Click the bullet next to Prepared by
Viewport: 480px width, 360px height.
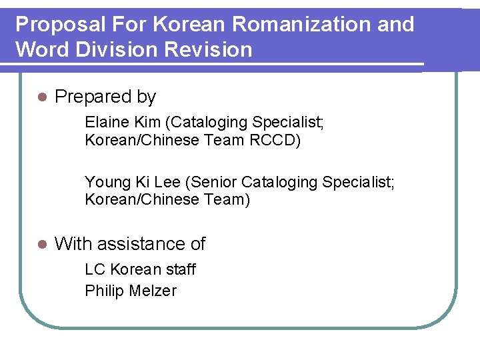pyautogui.click(x=42, y=97)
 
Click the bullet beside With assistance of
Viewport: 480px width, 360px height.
pyautogui.click(x=42, y=245)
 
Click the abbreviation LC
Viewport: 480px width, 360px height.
pyautogui.click(x=95, y=269)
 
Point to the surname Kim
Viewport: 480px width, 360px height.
pyautogui.click(x=148, y=122)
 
